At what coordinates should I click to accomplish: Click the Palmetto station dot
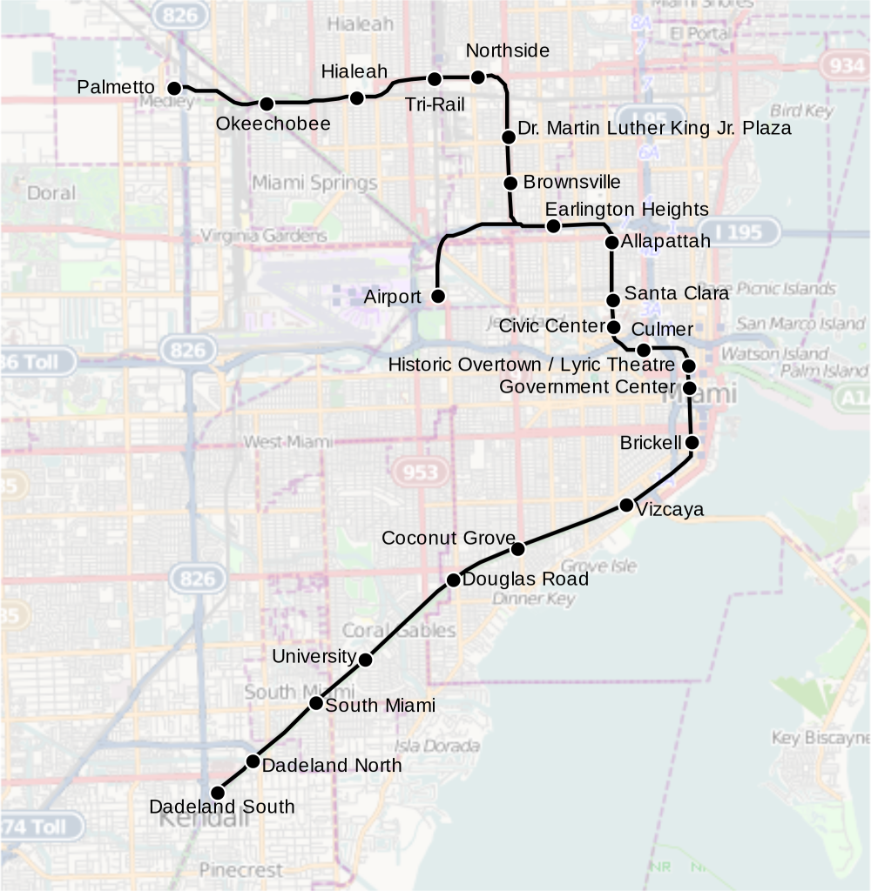[174, 88]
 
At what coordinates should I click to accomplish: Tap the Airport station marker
[439, 297]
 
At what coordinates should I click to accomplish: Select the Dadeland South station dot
[218, 793]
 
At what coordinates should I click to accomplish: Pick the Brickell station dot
[692, 443]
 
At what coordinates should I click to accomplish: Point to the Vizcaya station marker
[626, 505]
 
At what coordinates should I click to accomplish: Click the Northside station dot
[477, 77]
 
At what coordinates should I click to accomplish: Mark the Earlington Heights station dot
[552, 226]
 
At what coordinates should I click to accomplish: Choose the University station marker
[366, 660]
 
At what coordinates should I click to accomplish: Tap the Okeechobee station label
[273, 124]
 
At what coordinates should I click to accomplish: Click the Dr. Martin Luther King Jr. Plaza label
[654, 129]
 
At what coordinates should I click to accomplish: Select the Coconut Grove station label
[449, 539]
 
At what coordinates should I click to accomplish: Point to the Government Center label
[587, 386]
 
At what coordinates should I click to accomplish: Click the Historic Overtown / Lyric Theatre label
[531, 365]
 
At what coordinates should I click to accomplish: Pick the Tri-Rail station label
[435, 105]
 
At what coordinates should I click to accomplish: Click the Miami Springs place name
[314, 184]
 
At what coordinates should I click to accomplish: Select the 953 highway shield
[421, 472]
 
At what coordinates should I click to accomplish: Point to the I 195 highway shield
[739, 233]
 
